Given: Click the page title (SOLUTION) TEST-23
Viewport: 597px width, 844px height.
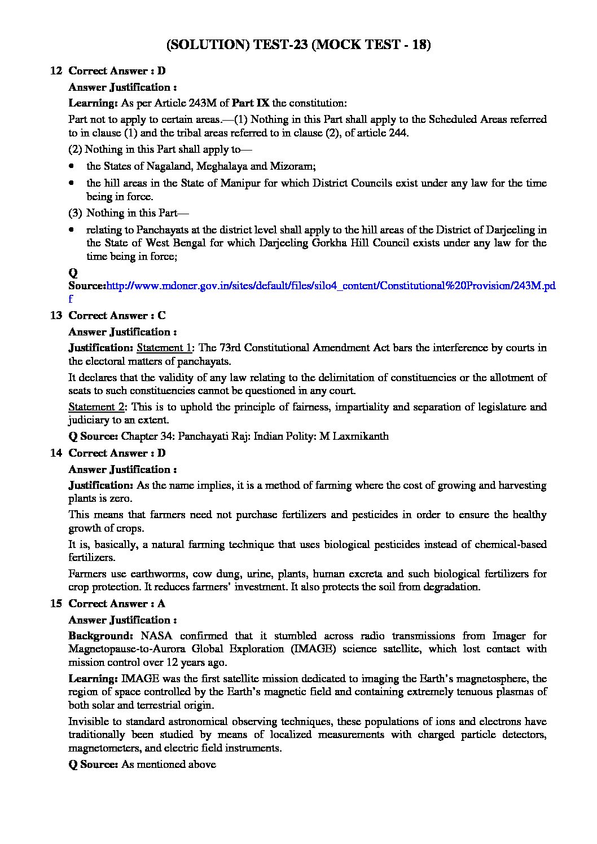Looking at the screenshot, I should click(298, 46).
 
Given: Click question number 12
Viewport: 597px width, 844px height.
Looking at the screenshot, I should click(56, 71).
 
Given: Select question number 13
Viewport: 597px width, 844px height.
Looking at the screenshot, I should click(56, 316).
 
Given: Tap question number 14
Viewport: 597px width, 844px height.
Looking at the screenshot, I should click(56, 453).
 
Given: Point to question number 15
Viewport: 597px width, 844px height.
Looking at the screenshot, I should click(56, 604).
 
